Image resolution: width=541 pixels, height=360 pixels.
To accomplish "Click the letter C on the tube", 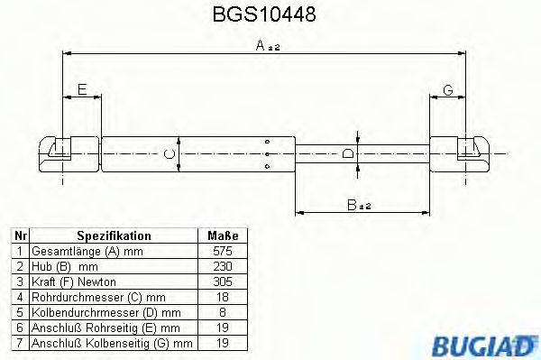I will [167, 154].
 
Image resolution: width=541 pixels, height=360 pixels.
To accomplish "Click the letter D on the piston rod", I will [348, 153].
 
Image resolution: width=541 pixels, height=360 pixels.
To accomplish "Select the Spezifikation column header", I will [113, 235].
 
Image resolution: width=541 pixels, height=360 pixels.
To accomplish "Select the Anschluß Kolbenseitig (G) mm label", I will [112, 343].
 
